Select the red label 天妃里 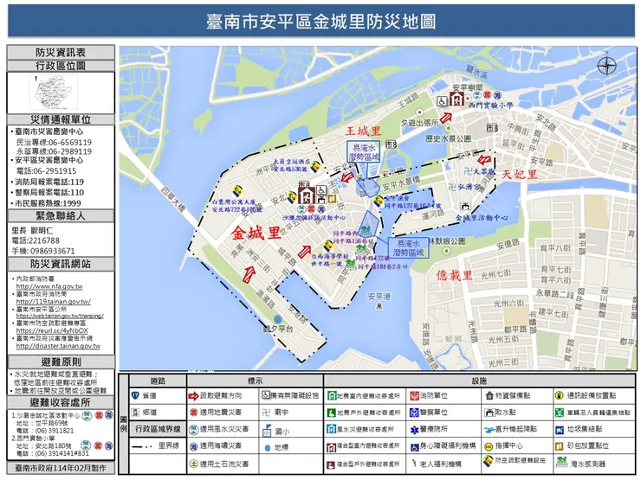517,175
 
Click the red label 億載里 454,275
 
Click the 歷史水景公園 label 447,138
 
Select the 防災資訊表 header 59,53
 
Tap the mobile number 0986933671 49,250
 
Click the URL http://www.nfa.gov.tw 49,286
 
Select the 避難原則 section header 59,361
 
